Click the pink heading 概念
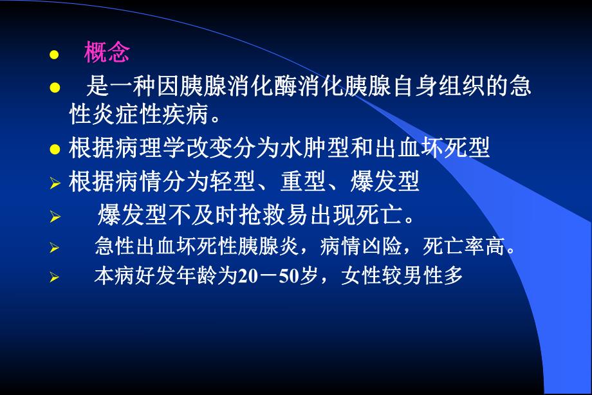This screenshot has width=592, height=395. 107,53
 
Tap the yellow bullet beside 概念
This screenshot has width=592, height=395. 55,54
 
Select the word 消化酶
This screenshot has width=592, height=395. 252,87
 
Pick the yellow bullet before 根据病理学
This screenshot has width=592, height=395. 55,150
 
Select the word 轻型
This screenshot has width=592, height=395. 246,182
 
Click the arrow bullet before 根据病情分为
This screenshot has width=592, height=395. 55,183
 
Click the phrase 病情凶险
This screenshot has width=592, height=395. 366,246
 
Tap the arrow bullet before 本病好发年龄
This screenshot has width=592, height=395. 55,278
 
